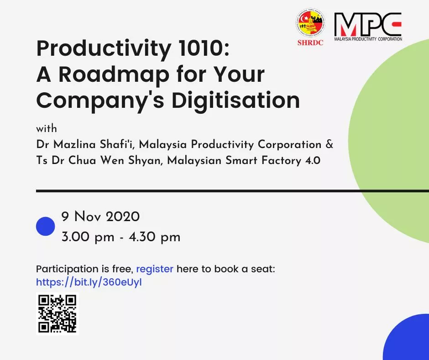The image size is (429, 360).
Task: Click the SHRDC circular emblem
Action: pyautogui.click(x=310, y=23)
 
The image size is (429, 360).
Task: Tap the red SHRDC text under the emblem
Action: pyautogui.click(x=310, y=42)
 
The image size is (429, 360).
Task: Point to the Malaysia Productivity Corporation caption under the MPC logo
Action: pyautogui.click(x=368, y=39)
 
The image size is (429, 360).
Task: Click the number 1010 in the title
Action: pyautogui.click(x=200, y=48)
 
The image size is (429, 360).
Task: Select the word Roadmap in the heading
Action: pyautogui.click(x=114, y=74)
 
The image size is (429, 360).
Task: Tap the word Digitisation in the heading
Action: pyautogui.click(x=235, y=100)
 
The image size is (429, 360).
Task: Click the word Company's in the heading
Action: pyautogui.click(x=100, y=101)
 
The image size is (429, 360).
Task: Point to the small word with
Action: pyautogui.click(x=47, y=128)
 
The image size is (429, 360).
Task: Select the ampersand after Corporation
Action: pyautogui.click(x=330, y=144)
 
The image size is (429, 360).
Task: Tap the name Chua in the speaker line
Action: pyautogui.click(x=82, y=160)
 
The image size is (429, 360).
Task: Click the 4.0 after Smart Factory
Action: pyautogui.click(x=313, y=160)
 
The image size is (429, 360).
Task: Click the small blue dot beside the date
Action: pyautogui.click(x=46, y=226)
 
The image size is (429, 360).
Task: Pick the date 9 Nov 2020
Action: pyautogui.click(x=100, y=217)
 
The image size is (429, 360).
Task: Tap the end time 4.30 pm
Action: pyautogui.click(x=155, y=237)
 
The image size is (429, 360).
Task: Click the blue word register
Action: pyautogui.click(x=155, y=270)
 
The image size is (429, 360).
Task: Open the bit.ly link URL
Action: pyautogui.click(x=89, y=282)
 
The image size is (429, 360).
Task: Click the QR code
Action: pyautogui.click(x=57, y=314)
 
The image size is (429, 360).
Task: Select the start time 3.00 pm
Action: pyautogui.click(x=88, y=237)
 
